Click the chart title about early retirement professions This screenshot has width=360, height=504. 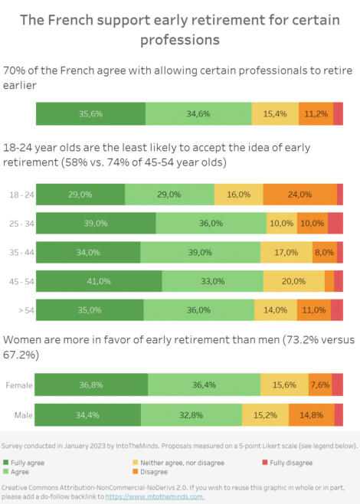179,29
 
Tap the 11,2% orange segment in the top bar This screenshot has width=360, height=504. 316,113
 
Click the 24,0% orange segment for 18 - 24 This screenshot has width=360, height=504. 299,195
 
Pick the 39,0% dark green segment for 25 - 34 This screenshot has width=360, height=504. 96,223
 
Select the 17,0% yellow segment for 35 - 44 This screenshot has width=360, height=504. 286,252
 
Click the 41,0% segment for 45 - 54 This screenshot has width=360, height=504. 99,281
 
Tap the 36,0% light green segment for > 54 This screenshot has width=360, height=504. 198,310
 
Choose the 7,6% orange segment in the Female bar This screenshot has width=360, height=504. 320,385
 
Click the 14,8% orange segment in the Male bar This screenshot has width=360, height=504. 311,414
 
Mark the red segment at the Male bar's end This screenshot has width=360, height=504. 339,414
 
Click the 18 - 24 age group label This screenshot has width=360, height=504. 18,195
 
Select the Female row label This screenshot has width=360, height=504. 18,385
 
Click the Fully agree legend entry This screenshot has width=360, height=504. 28,463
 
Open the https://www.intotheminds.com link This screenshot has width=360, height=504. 155,496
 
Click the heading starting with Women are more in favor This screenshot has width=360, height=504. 179,347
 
